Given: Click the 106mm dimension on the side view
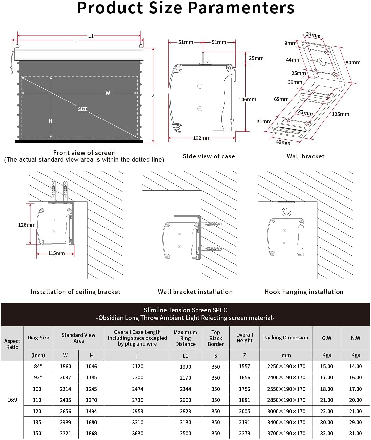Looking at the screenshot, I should coord(247,99).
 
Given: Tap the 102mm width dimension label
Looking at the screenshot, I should coord(201,138).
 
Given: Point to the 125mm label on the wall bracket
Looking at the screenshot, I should coord(340,114).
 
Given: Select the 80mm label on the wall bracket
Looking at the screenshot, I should coord(353,62).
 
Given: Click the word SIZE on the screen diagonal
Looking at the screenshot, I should coord(83,109).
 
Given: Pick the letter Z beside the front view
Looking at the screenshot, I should coord(153,96).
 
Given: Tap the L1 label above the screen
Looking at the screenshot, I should coord(91,36).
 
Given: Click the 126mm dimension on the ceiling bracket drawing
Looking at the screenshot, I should coord(27,225).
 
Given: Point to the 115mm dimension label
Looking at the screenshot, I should coord(56,253).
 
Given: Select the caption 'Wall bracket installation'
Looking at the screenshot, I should coord(195,292).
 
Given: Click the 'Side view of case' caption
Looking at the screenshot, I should coord(209,156).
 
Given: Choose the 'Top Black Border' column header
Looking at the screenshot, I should coord(216,338).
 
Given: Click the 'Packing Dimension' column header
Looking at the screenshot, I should coord(286,338).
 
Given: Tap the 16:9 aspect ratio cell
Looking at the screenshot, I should coord(12,400).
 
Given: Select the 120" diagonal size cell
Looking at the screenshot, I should coord(38,411).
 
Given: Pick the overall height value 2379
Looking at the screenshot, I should coord(244,433).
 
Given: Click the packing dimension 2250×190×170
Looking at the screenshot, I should coord(286,366).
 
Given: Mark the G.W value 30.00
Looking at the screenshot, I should coord(326,422).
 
